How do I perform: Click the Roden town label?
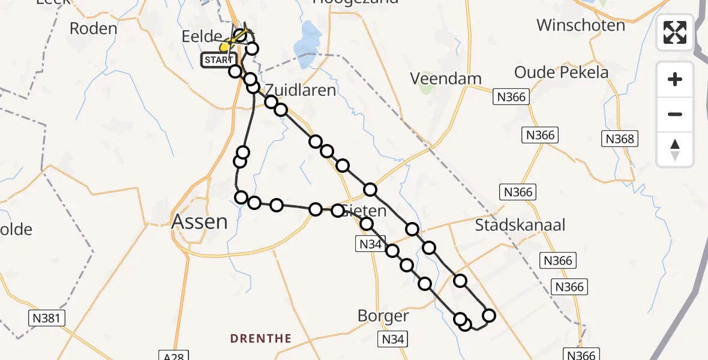point(93,28)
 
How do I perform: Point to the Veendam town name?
point(446,79)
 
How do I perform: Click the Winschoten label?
point(580,25)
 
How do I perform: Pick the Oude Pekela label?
point(561,73)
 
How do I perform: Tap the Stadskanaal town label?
point(520,226)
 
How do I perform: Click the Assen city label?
point(200,222)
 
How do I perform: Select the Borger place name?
point(383,316)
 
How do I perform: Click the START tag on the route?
point(220,59)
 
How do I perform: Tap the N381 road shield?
point(47,318)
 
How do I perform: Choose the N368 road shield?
point(619,139)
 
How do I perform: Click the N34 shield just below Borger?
point(393,339)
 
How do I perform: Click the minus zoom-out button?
point(675,114)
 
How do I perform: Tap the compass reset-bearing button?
point(675,149)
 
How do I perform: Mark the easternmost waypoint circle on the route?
point(489,316)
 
